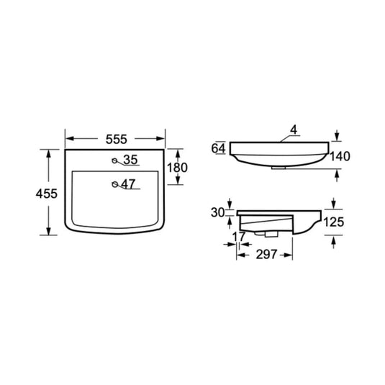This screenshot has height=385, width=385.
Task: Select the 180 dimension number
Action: [x=177, y=168]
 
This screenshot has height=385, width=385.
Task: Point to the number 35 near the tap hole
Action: [x=130, y=160]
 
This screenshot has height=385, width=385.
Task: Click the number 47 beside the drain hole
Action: [x=128, y=184]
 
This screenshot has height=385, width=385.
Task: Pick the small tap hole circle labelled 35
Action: [x=116, y=160]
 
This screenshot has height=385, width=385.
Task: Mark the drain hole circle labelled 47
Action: [x=114, y=185]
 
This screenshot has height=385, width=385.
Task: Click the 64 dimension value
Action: [x=219, y=148]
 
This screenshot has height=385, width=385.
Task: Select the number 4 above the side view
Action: [x=294, y=130]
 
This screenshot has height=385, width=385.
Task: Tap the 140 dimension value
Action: [x=340, y=155]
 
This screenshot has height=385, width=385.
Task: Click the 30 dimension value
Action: [x=218, y=212]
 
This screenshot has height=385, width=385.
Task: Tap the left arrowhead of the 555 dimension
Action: [x=68, y=137]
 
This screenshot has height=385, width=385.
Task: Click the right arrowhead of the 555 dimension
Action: [x=163, y=137]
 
